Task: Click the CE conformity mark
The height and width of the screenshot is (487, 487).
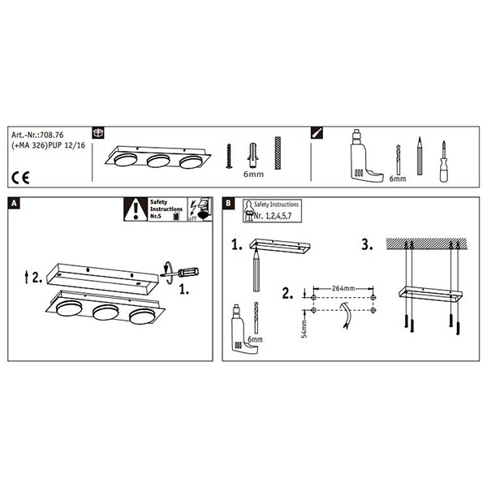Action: coord(20,178)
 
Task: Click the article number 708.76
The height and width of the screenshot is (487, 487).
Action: coord(52,135)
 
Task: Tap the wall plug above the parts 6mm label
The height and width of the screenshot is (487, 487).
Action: coord(253,156)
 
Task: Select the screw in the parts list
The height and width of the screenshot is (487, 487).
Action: coord(229,156)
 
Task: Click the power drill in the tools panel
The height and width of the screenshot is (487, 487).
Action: coord(364,155)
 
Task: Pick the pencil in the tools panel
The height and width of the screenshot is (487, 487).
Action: coord(420,156)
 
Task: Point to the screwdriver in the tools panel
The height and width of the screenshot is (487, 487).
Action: coord(443,162)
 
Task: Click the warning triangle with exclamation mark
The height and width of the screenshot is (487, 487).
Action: coord(136,209)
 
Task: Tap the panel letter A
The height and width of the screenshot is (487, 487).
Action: coord(14,204)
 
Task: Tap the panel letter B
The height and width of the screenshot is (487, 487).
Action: coord(228,204)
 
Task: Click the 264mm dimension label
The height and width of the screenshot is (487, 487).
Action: coord(343,288)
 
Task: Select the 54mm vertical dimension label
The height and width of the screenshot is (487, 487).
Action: coord(304,329)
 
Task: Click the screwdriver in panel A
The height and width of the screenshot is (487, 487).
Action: coord(180,273)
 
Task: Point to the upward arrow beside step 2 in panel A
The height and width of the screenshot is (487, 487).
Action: coord(27,277)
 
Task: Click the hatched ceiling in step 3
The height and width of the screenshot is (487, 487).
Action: coord(426,243)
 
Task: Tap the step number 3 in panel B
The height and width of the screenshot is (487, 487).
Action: coord(367,244)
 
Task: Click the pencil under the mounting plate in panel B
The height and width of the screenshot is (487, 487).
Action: coord(256,269)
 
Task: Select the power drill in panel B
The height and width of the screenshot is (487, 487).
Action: coord(244,329)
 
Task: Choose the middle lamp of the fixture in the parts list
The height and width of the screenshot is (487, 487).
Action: coord(158,162)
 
